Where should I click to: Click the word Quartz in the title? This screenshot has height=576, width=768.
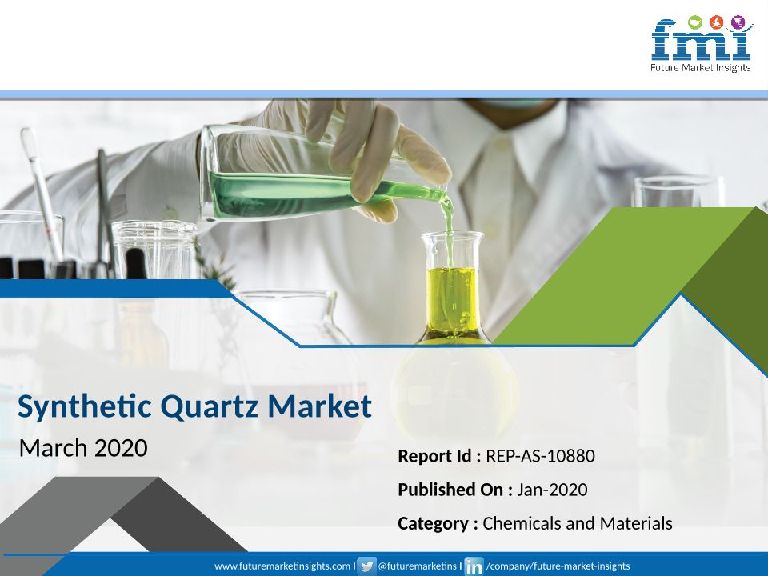click(210, 406)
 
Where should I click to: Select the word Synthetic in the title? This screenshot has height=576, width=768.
click(85, 407)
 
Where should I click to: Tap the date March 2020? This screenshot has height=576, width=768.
click(83, 448)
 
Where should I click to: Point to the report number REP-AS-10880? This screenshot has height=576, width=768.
click(540, 456)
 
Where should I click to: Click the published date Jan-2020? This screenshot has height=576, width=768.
click(552, 490)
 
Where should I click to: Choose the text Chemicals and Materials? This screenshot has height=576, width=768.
click(578, 523)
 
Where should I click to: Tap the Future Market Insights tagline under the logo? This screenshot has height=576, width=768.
click(701, 67)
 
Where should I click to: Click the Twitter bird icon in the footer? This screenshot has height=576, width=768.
click(366, 566)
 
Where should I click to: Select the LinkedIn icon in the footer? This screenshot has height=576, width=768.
click(474, 566)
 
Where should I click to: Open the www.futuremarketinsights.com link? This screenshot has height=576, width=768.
click(282, 566)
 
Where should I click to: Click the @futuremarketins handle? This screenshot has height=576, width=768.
click(417, 566)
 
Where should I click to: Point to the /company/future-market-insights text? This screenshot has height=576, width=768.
click(558, 566)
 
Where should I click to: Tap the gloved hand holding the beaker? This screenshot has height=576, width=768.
click(362, 152)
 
